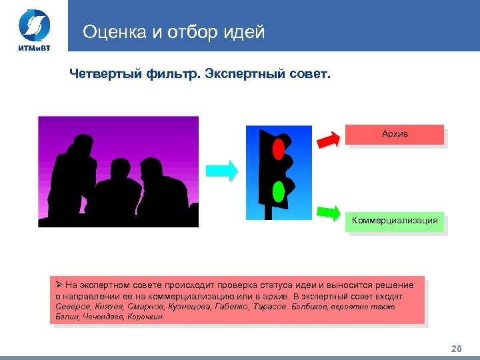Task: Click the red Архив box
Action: point(395,134)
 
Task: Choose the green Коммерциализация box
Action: point(395,221)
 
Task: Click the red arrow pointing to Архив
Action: point(328,139)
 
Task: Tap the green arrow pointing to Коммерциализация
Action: point(328,212)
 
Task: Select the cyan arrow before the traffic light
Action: point(222,171)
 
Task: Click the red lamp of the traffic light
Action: point(279,146)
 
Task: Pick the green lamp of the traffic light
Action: point(279,192)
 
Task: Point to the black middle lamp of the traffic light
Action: point(279,169)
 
